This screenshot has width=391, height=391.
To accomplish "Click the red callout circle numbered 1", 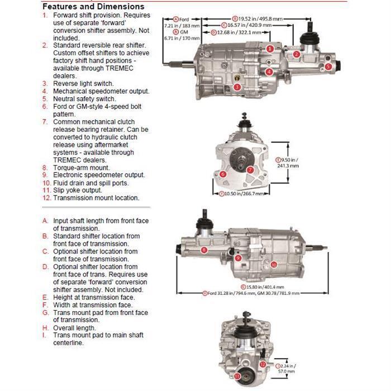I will pyautogui.click(x=270, y=49).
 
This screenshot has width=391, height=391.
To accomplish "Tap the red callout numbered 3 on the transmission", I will pyautogui.click(x=237, y=87).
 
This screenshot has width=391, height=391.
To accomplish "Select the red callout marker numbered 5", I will pyautogui.click(x=328, y=66).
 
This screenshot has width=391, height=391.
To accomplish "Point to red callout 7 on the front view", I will pyautogui.click(x=250, y=169).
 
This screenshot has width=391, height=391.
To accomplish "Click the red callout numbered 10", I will pyautogui.click(x=274, y=264).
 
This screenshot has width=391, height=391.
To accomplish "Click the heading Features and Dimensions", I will pyautogui.click(x=93, y=6).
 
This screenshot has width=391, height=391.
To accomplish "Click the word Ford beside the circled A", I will pyautogui.click(x=184, y=18).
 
